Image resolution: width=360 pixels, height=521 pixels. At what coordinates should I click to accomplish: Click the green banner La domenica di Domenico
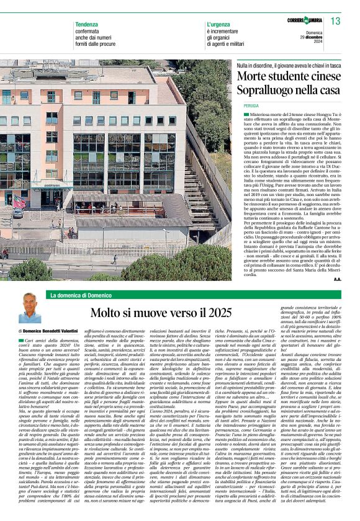tap(81, 295)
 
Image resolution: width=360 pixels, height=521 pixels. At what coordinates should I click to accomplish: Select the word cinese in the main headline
tap(322, 78)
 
